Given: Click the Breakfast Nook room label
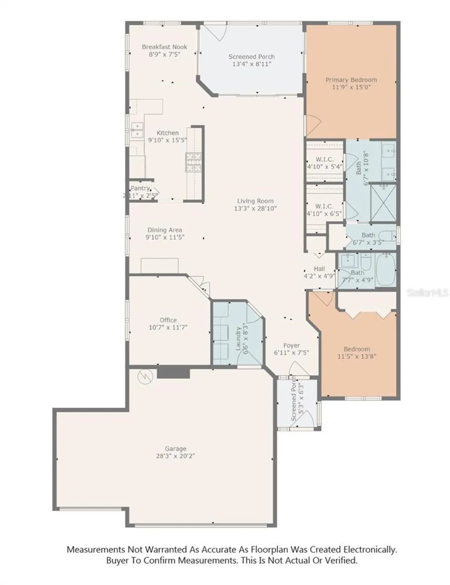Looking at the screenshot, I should tap(164, 47).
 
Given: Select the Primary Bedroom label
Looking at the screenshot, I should tap(351, 80).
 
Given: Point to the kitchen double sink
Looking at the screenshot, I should tap(137, 130).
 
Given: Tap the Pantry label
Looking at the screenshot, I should tap(140, 188).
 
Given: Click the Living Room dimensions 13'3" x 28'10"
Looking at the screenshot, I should tap(255, 209).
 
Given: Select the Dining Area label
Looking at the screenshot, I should tap(164, 230).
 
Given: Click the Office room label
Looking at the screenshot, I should tap(168, 320).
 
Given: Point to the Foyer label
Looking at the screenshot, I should tap(291, 346).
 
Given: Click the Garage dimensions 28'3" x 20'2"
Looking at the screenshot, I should tap(175, 456).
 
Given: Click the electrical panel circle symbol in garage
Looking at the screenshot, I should tap(145, 376).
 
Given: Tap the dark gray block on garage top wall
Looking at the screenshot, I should tap(173, 372).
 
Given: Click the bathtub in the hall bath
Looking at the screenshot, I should tap(386, 270).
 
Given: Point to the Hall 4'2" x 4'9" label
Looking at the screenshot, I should tap(319, 272).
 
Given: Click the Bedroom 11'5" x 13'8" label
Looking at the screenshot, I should tap(357, 353).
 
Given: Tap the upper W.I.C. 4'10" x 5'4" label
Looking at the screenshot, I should tap(324, 163).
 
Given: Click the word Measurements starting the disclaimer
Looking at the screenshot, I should tap(96, 550).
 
